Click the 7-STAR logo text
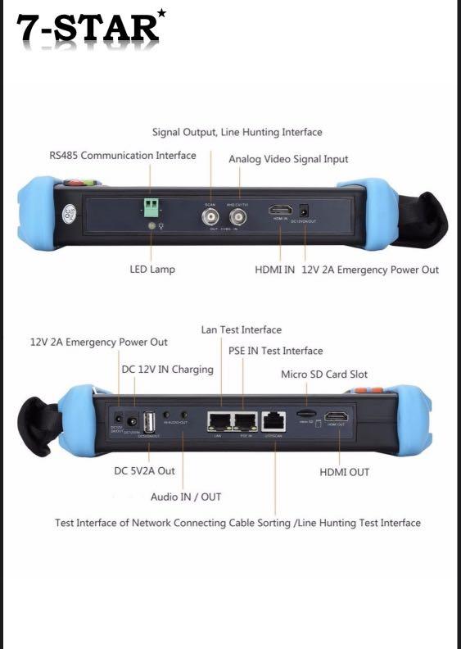(86, 29)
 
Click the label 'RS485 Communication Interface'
(123, 155)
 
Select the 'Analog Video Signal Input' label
(288, 159)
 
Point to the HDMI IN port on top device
(280, 211)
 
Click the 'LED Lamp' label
(152, 269)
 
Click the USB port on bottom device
(150, 420)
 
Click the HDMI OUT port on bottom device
(337, 415)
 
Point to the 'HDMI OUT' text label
(344, 472)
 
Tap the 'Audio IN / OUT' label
(186, 497)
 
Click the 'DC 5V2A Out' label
(144, 471)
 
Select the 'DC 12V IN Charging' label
(167, 370)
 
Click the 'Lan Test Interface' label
(241, 329)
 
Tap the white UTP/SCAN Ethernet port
(274, 420)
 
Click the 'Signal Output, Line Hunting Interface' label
(237, 132)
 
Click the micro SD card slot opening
(305, 415)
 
